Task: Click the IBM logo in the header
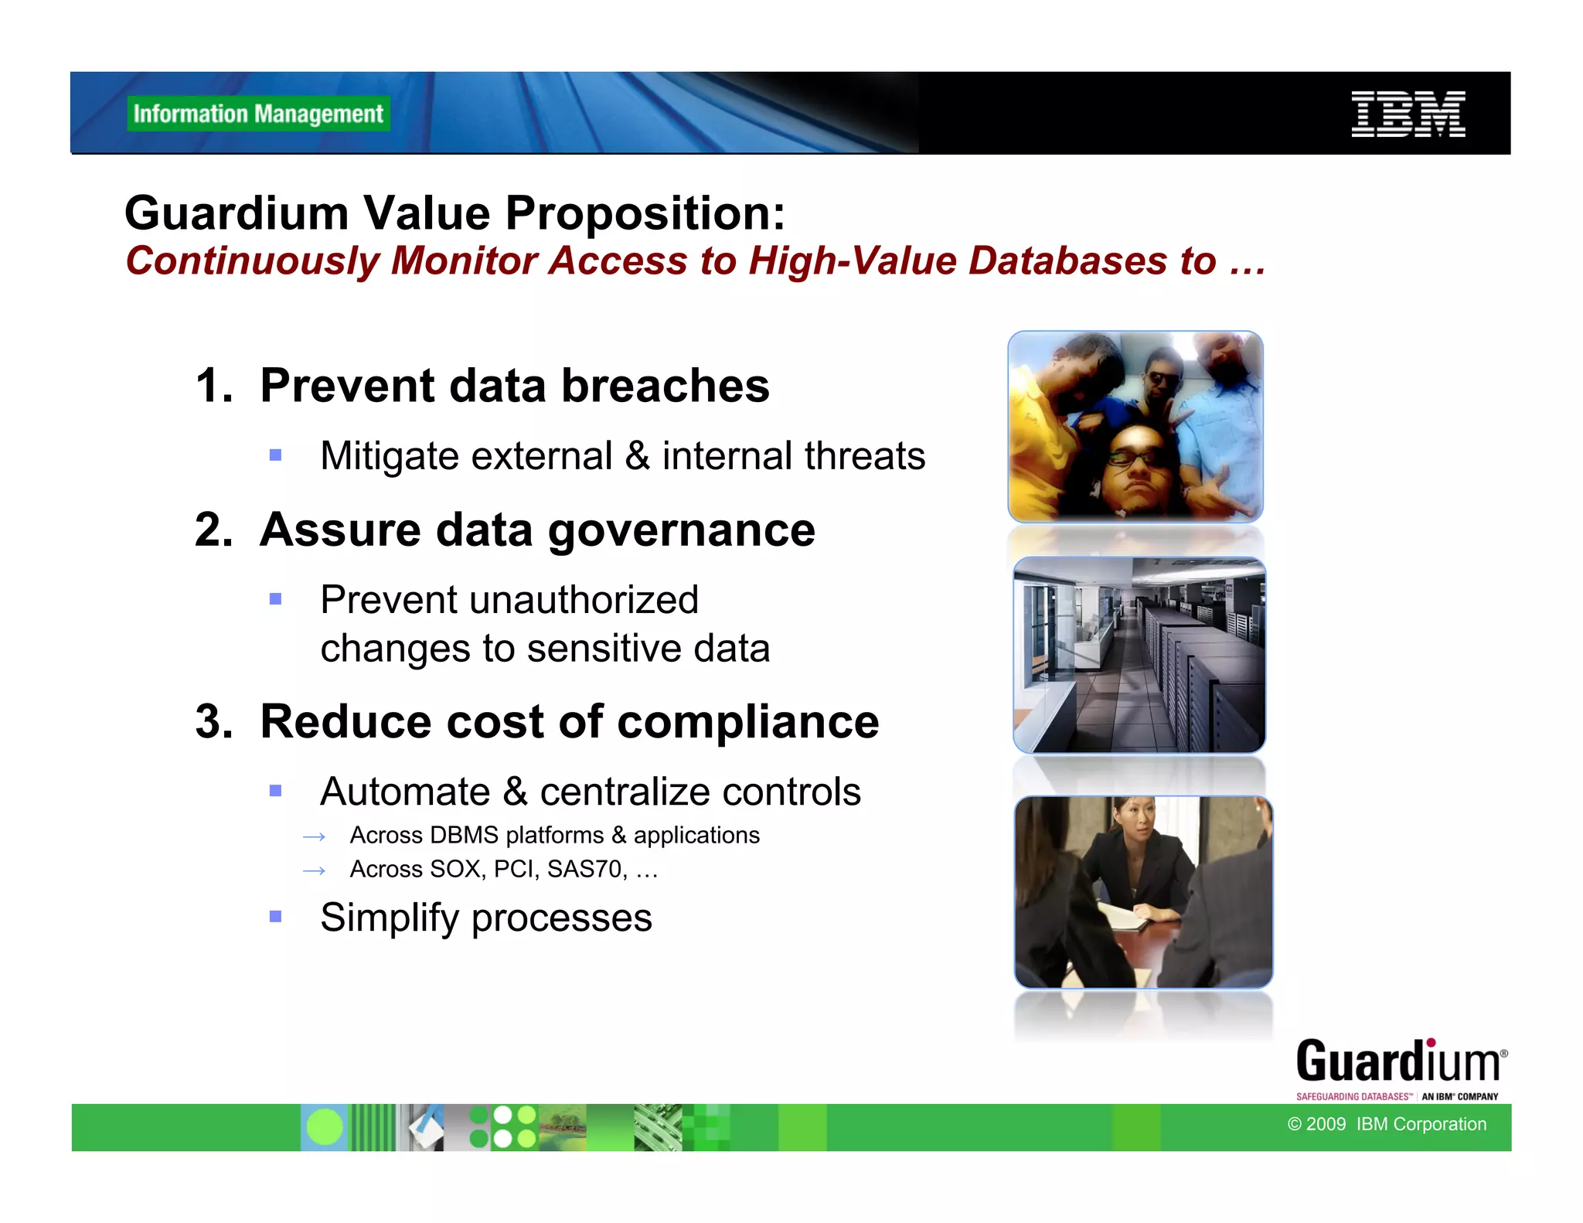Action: point(1408,114)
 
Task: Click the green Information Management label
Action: point(258,114)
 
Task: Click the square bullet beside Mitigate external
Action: point(275,455)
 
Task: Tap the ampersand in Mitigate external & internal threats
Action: point(637,455)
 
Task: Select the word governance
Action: point(681,530)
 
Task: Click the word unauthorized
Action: point(585,600)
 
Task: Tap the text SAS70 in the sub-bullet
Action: point(585,870)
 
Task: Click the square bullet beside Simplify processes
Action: point(275,917)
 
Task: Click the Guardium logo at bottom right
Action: point(1399,1068)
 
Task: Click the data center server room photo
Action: point(1139,656)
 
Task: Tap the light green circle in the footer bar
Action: point(325,1127)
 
